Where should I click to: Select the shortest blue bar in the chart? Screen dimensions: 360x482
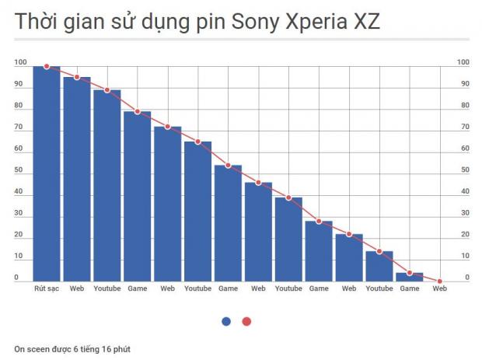pos(410,277)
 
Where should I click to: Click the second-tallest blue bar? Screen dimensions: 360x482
pos(77,179)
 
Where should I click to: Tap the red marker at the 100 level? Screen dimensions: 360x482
pos(47,67)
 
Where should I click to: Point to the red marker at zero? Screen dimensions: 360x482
pos(440,281)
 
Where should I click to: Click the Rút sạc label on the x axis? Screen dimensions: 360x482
pos(47,289)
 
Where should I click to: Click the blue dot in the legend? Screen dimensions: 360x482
pos(226,321)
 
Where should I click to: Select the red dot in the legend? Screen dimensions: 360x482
pos(246,321)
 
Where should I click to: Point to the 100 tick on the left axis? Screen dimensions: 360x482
pos(20,62)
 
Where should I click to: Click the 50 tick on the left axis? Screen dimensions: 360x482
pos(18,170)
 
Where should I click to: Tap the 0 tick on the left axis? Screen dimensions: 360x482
pos(16,278)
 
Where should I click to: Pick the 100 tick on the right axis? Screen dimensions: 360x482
pos(463,62)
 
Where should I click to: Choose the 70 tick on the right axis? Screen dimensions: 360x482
pos(463,127)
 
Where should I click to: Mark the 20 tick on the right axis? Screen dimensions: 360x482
pos(463,235)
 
